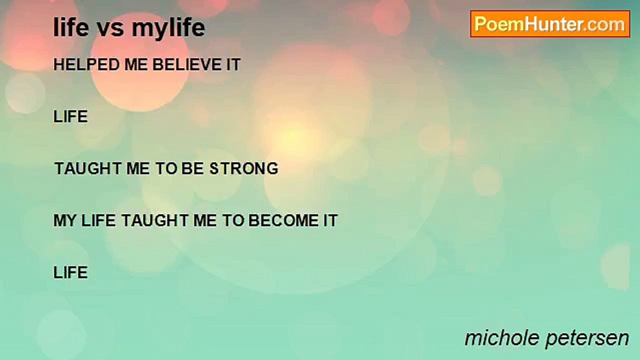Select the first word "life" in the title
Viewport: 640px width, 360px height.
(x=71, y=27)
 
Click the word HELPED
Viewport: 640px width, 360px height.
(x=86, y=64)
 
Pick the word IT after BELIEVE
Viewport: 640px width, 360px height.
(x=233, y=64)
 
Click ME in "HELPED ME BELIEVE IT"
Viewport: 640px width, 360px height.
(x=136, y=64)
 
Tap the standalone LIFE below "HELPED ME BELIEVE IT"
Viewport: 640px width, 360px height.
(x=70, y=116)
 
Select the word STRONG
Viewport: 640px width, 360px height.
(x=243, y=168)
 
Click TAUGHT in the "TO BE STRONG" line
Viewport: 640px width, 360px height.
(x=87, y=168)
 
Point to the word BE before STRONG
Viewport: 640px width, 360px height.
(x=192, y=168)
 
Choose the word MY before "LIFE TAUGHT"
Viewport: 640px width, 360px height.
(x=65, y=220)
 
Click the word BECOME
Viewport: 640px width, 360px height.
(x=283, y=220)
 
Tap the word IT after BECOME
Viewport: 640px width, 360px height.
(x=330, y=220)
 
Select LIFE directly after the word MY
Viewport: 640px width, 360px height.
(x=98, y=220)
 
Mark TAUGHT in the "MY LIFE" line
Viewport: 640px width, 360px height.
(x=154, y=220)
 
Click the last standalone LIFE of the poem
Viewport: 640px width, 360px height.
(x=70, y=272)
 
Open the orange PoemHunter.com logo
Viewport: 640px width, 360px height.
(x=550, y=24)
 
